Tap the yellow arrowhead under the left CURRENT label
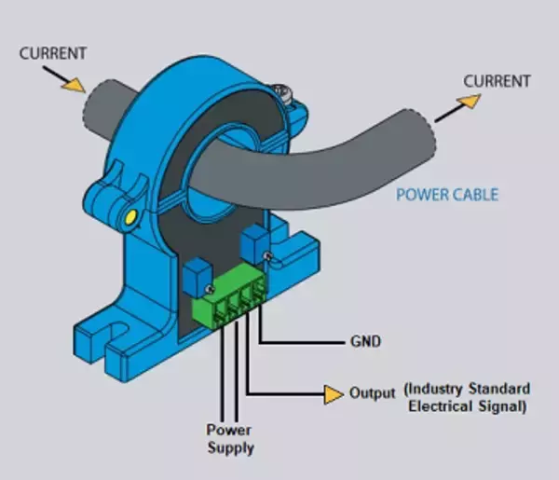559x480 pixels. click(x=70, y=83)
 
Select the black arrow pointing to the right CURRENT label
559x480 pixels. click(x=454, y=106)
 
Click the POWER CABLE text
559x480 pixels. click(x=447, y=195)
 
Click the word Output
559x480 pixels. click(x=373, y=391)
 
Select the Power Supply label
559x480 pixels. click(x=229, y=439)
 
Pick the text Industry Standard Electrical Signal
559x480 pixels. click(x=468, y=397)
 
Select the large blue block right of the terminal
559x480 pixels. click(x=253, y=246)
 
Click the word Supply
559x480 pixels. click(x=229, y=448)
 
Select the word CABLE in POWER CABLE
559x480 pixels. click(x=474, y=195)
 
